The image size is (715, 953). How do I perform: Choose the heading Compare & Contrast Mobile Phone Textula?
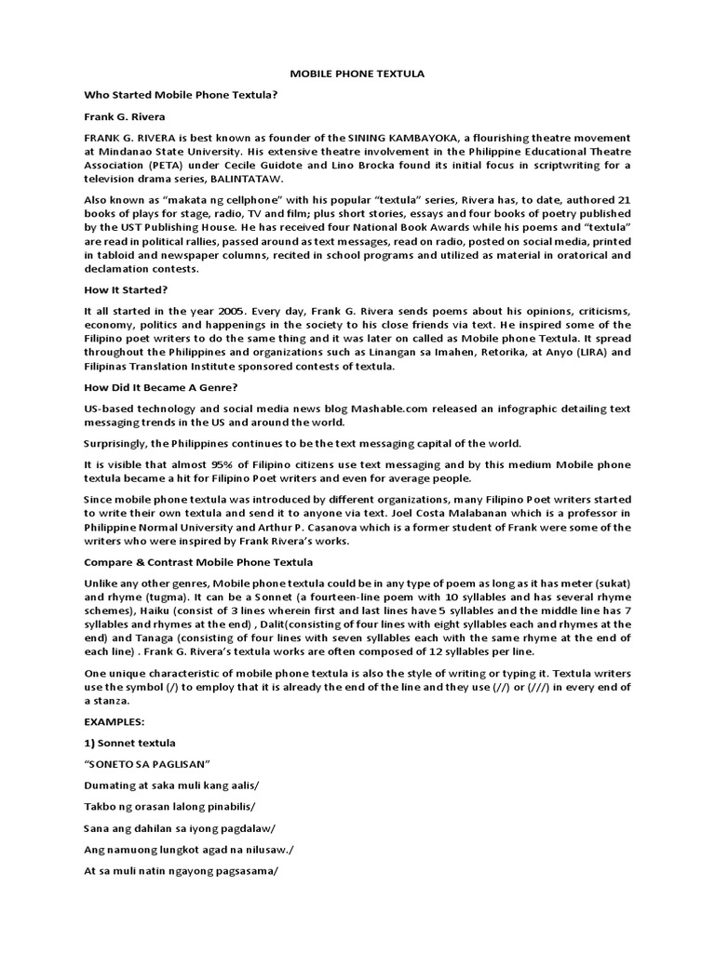(x=198, y=563)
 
